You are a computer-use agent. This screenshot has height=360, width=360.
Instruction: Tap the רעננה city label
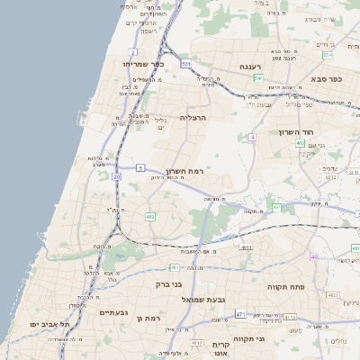click(x=251, y=67)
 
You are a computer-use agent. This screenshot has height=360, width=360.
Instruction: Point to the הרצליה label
click(x=193, y=117)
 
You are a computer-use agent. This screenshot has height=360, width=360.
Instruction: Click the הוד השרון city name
click(x=333, y=130)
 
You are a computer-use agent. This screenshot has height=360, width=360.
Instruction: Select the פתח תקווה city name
click(x=288, y=285)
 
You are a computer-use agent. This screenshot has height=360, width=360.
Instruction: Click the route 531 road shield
click(x=185, y=65)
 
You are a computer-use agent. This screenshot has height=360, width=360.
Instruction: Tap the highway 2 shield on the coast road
click(x=133, y=54)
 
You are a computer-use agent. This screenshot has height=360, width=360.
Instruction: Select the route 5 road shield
click(x=141, y=168)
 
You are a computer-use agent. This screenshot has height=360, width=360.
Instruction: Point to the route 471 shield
click(x=240, y=313)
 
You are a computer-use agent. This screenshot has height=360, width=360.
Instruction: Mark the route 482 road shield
click(x=150, y=217)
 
